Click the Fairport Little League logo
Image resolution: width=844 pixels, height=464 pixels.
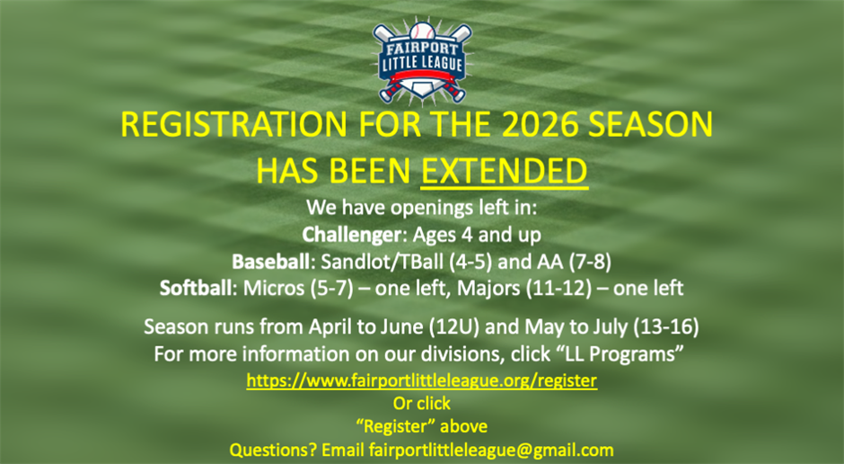pyautogui.click(x=421, y=61)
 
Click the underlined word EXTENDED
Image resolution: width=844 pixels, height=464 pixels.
pyautogui.click(x=505, y=170)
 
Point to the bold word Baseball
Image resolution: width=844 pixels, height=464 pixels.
pyautogui.click(x=268, y=263)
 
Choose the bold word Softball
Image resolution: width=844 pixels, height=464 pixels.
pyautogui.click(x=195, y=289)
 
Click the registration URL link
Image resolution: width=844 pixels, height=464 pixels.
pyautogui.click(x=421, y=380)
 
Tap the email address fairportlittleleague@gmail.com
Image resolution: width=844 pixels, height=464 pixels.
pyautogui.click(x=491, y=450)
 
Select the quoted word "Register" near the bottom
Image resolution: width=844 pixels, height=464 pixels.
pyautogui.click(x=421, y=426)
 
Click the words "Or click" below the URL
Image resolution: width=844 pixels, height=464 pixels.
pyautogui.click(x=421, y=403)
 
